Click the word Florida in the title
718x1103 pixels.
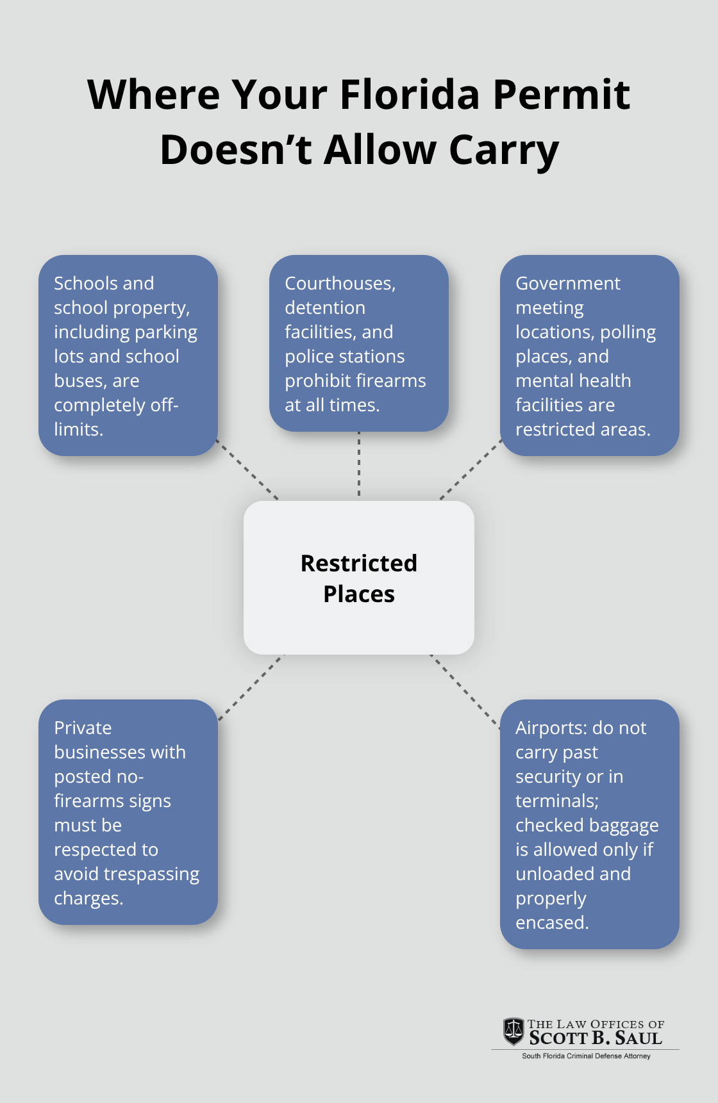point(409,95)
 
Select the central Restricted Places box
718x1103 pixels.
point(359,578)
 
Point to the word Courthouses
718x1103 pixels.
point(340,283)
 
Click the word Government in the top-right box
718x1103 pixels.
point(567,283)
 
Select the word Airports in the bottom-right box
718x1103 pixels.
point(551,728)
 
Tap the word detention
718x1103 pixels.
point(325,307)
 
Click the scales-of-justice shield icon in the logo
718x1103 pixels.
point(513,1031)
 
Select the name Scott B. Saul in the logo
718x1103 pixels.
point(596,1038)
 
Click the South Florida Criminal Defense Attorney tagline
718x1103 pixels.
point(586,1056)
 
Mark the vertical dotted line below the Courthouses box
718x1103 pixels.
point(359,464)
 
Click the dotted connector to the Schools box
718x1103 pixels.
point(247,470)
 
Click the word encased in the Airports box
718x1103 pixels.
point(551,923)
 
